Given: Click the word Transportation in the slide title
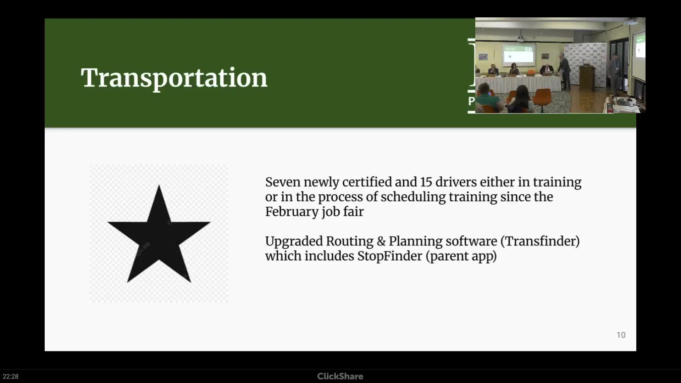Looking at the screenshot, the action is (x=174, y=78).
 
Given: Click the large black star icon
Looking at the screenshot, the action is (x=159, y=234).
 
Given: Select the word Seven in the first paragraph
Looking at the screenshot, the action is (x=283, y=182).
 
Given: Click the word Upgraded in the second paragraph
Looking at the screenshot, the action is (x=294, y=242).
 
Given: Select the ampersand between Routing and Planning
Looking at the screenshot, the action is (x=381, y=241).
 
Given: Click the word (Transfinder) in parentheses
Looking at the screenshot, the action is (x=540, y=241).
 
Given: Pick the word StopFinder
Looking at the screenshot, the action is (x=390, y=256).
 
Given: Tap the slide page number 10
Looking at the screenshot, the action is (x=621, y=335).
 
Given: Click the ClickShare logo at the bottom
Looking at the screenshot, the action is (x=340, y=376).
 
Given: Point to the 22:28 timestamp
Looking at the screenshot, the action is (x=11, y=376).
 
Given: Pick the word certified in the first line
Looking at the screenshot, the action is (x=367, y=182).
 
